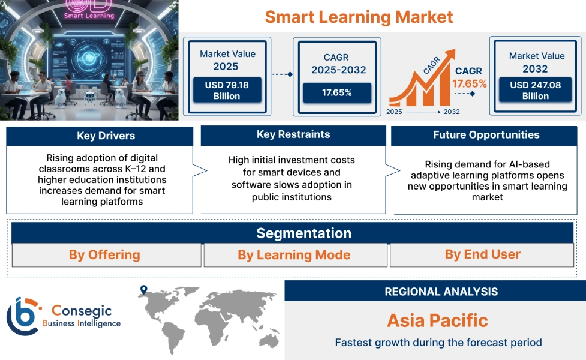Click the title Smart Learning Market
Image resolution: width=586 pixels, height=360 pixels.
tap(359, 16)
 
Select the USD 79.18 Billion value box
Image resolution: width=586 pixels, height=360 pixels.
tap(226, 90)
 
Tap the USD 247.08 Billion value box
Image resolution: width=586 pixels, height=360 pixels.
tap(535, 90)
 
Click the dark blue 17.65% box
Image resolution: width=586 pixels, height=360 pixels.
tap(336, 92)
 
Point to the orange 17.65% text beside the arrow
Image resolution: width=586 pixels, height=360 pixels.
tap(469, 83)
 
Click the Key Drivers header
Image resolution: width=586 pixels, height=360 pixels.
tap(100, 136)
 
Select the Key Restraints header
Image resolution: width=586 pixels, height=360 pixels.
tap(293, 134)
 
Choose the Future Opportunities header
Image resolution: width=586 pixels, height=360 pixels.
tap(486, 135)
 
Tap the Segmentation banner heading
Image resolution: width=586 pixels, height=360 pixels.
tap(304, 233)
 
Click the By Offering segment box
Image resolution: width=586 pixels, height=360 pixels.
tap(104, 255)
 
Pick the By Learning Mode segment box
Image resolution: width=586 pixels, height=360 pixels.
tap(294, 255)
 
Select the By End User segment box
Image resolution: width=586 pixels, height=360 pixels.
tap(483, 254)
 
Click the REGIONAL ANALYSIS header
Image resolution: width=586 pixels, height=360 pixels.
tap(441, 292)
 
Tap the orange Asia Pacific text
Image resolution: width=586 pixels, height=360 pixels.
tap(437, 320)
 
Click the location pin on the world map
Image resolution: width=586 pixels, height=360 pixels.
tap(143, 290)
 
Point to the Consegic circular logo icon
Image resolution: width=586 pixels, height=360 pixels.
tap(22, 315)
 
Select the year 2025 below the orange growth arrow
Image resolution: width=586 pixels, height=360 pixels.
tap(394, 112)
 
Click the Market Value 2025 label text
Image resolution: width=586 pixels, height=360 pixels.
tap(227, 60)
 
